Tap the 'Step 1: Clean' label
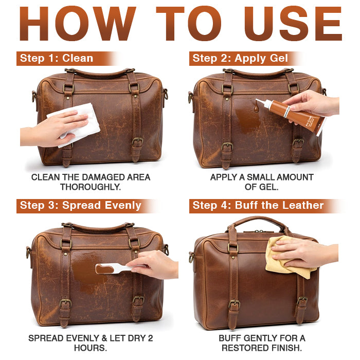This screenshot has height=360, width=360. click(x=57, y=58)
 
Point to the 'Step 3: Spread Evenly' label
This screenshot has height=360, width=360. click(x=80, y=206)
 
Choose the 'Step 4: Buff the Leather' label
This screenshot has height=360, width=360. click(x=258, y=206)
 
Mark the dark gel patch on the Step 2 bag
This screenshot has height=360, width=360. click(x=247, y=118)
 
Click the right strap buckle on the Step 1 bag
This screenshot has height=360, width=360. click(x=137, y=141)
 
